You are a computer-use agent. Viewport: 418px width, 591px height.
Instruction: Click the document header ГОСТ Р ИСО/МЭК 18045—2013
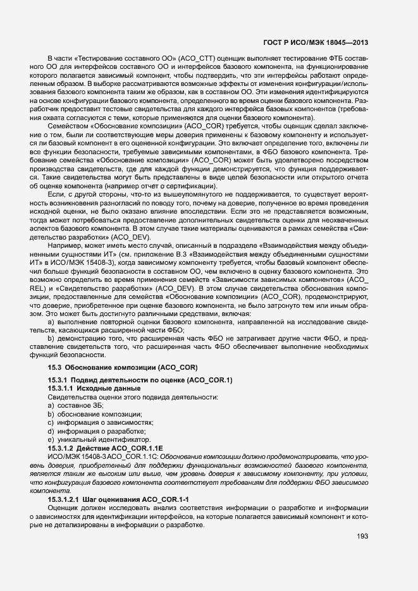pyautogui.click(x=315, y=43)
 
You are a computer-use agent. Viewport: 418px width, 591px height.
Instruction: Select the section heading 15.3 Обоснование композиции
pyautogui.click(x=123, y=367)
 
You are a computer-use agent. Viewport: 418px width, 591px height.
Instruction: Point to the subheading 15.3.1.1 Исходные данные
pyautogui.click(x=99, y=387)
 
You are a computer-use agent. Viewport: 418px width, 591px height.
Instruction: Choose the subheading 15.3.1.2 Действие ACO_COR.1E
pyautogui.click(x=106, y=448)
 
